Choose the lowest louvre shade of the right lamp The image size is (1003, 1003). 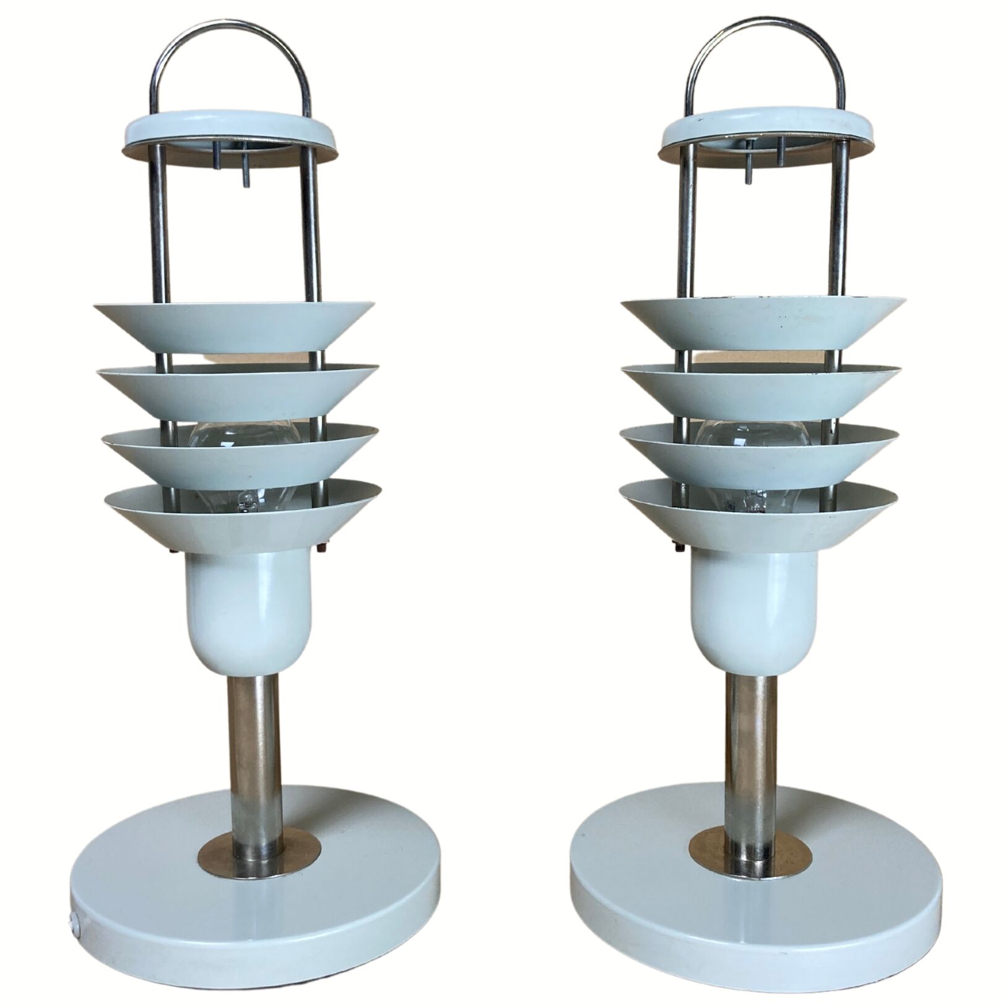click(765, 517)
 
